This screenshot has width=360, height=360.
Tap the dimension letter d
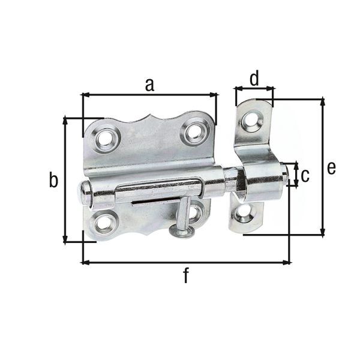coord(254,78)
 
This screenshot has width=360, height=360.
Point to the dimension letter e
coord(331,167)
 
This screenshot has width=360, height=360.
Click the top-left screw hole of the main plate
coord(106,139)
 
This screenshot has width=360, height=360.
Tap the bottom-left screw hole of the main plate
coord(103,224)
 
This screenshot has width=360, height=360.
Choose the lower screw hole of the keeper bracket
coord(243,212)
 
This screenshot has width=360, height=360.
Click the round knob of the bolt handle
coord(181,230)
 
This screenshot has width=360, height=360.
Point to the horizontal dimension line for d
coord(254,88)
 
